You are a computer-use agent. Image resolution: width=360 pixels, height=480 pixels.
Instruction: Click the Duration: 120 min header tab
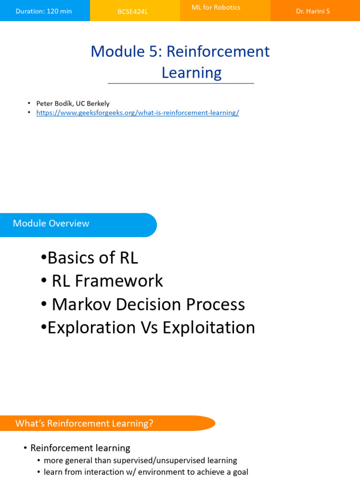[44, 11]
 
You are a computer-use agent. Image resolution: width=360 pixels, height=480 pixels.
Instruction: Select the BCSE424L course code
[133, 12]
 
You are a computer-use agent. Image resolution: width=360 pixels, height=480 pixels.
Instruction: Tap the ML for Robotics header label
[216, 7]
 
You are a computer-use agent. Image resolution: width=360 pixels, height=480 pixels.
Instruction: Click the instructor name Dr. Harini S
[313, 11]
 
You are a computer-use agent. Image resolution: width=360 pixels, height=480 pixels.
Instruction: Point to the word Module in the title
[118, 51]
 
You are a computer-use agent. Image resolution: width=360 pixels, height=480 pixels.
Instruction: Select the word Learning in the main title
[192, 73]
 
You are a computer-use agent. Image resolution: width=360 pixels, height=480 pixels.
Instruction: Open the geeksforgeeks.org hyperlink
[137, 112]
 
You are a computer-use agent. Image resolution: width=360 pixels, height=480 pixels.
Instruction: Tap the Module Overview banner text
[51, 223]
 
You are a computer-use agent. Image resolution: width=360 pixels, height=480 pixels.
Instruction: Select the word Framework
[119, 281]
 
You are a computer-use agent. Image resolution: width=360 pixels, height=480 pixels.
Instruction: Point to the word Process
[216, 304]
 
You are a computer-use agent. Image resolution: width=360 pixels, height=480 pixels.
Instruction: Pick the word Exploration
[92, 328]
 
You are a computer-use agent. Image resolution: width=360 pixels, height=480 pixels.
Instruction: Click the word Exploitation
[209, 328]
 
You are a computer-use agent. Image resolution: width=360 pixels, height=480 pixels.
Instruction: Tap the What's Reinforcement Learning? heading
[84, 423]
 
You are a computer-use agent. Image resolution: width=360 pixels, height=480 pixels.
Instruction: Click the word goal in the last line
[240, 472]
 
